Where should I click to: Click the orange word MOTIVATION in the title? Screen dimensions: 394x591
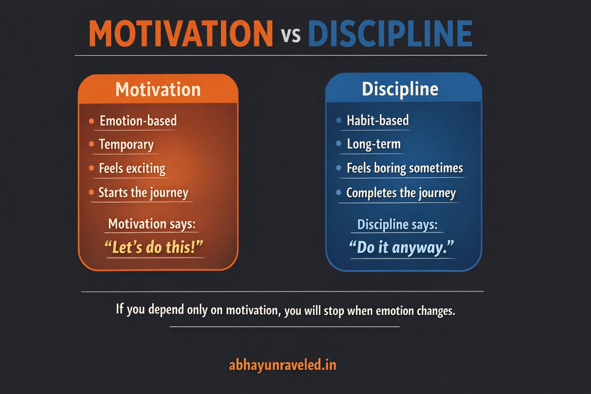[x=181, y=34]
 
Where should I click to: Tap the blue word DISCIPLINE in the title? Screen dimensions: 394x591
[x=390, y=34]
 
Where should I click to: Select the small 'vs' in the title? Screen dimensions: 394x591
[x=290, y=35]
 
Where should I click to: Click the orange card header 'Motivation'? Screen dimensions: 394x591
[x=158, y=90]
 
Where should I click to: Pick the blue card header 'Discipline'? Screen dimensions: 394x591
[x=400, y=89]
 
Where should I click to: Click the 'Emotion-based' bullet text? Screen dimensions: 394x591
[x=138, y=121]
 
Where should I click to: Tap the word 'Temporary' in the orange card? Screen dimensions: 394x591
[x=126, y=144]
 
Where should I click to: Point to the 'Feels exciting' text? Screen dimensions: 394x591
[x=132, y=168]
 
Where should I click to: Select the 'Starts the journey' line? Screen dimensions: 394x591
[x=143, y=192]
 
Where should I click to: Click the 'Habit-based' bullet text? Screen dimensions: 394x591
[x=377, y=120]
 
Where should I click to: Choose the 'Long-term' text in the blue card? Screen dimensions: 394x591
[x=374, y=144]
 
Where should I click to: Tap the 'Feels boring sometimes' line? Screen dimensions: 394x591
[x=404, y=168]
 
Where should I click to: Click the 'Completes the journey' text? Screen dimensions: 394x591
[x=401, y=193]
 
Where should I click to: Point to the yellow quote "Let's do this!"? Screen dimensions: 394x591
[x=154, y=247]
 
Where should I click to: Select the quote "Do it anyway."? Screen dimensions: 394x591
[x=401, y=247]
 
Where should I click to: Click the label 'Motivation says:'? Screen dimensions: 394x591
[x=152, y=224]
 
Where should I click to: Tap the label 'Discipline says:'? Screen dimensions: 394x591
[x=397, y=224]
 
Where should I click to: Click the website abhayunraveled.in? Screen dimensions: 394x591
[x=282, y=365]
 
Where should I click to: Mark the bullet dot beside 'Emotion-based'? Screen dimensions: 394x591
[x=91, y=121]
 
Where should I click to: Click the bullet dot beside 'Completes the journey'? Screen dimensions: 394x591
[x=339, y=192]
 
